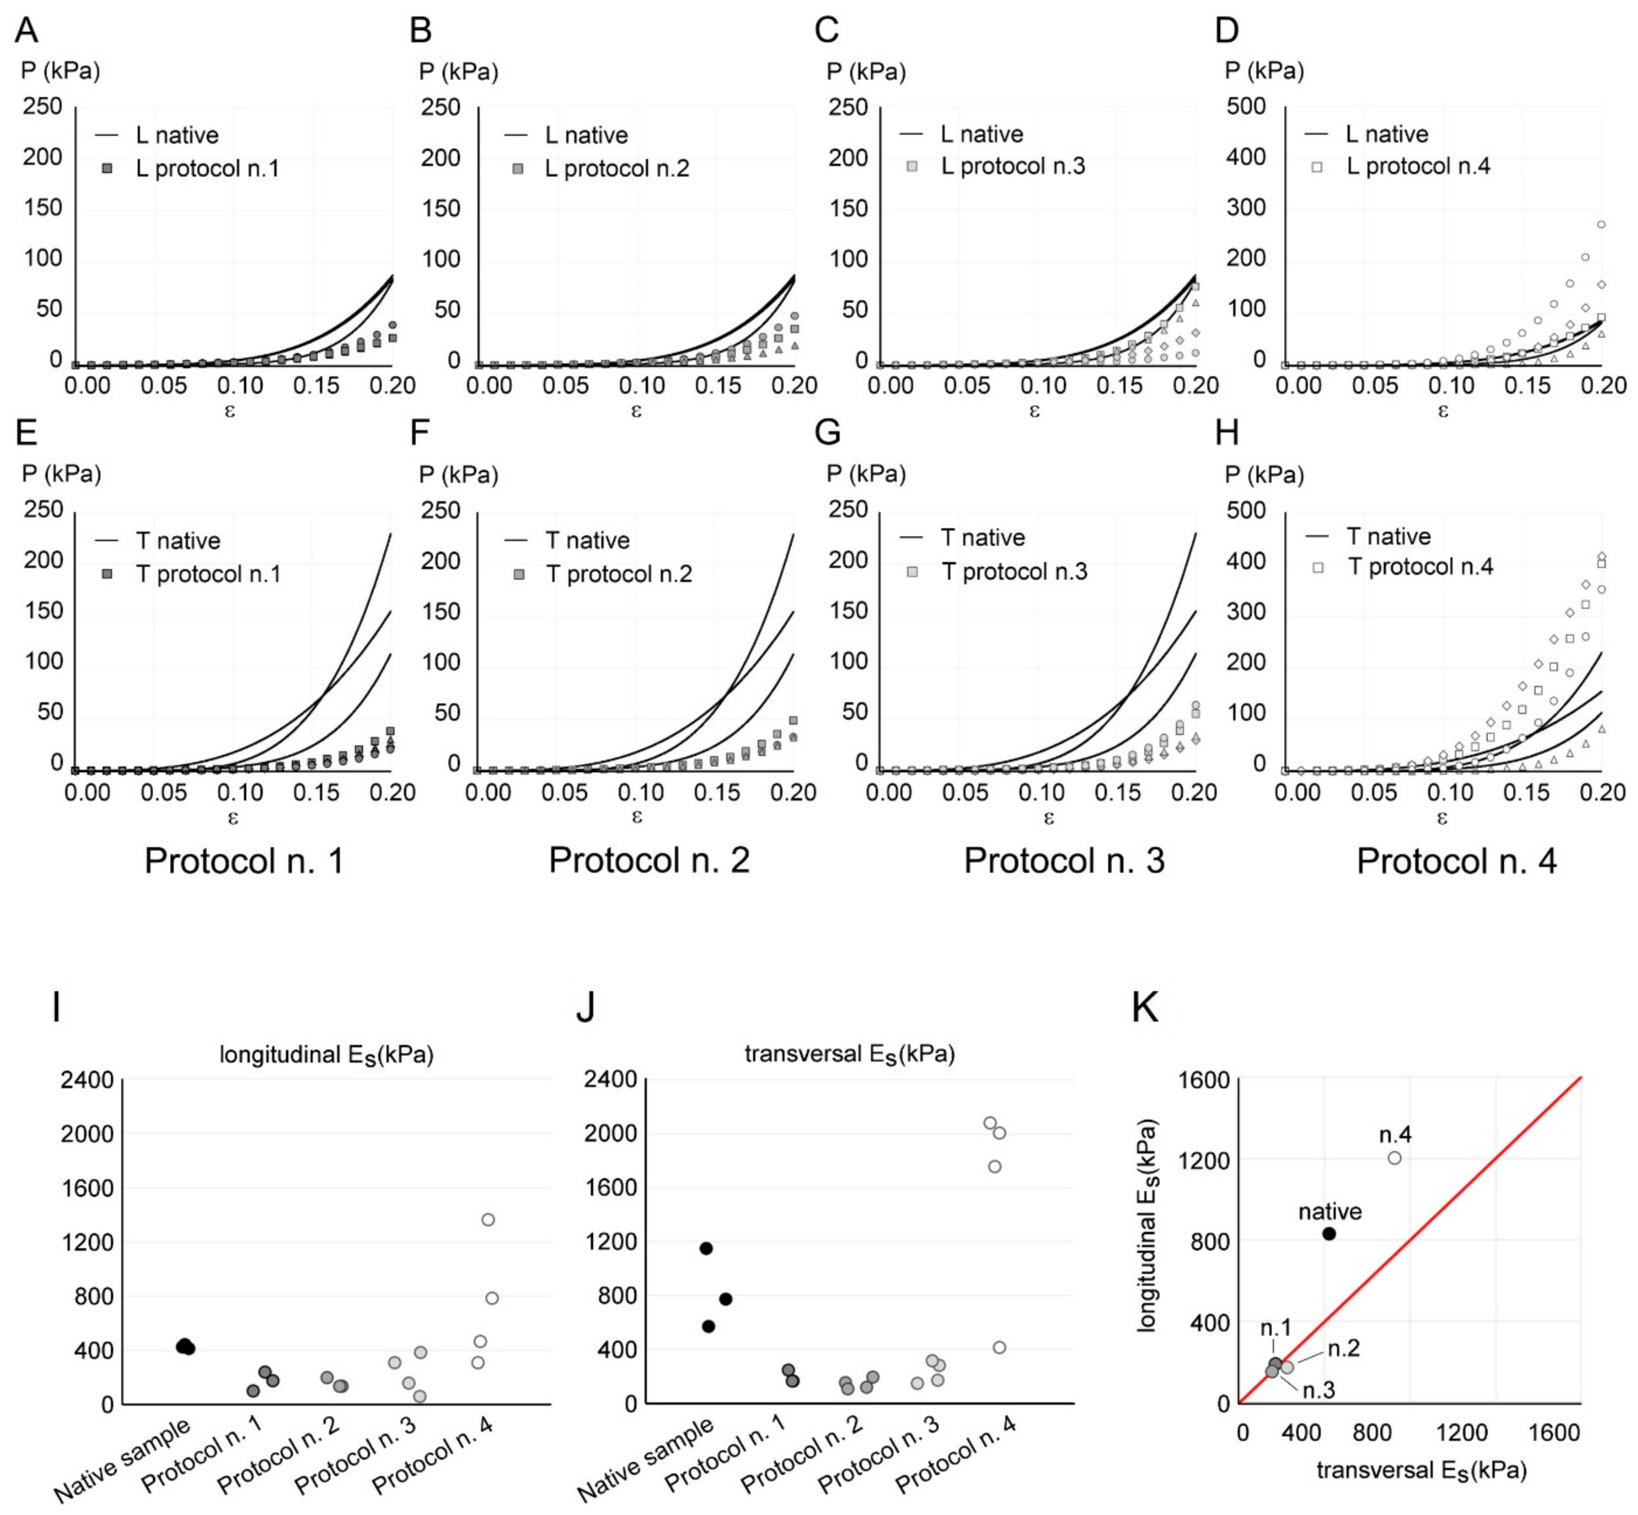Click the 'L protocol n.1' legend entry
click(x=207, y=169)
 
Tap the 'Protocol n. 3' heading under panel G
click(x=1063, y=861)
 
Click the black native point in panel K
click(x=1329, y=1234)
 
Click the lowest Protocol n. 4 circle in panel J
click(x=999, y=1347)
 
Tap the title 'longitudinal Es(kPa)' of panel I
click(x=326, y=1054)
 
